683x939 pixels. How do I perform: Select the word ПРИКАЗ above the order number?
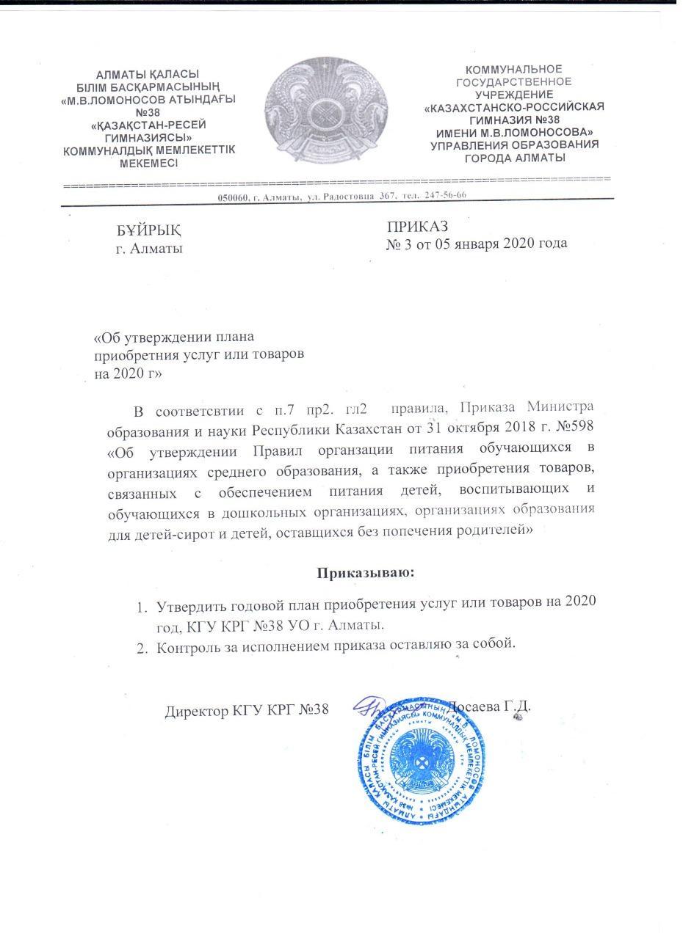417,226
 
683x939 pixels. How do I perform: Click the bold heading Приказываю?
366,572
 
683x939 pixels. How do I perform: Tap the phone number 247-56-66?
445,195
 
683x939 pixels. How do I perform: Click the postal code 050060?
234,196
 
